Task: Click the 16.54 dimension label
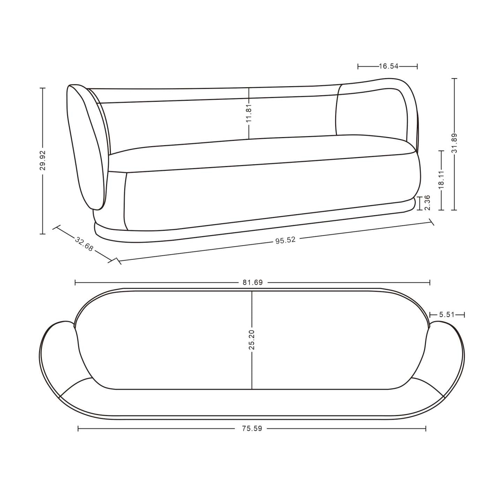(388, 66)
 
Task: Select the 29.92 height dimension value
(43, 160)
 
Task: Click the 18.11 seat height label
(441, 180)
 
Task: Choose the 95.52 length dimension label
(285, 240)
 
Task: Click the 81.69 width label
(253, 283)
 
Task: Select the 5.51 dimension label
(447, 315)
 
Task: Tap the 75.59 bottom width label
(252, 429)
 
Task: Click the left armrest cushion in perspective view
(85, 146)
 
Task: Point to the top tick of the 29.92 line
(43, 88)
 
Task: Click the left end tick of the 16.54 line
(358, 66)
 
